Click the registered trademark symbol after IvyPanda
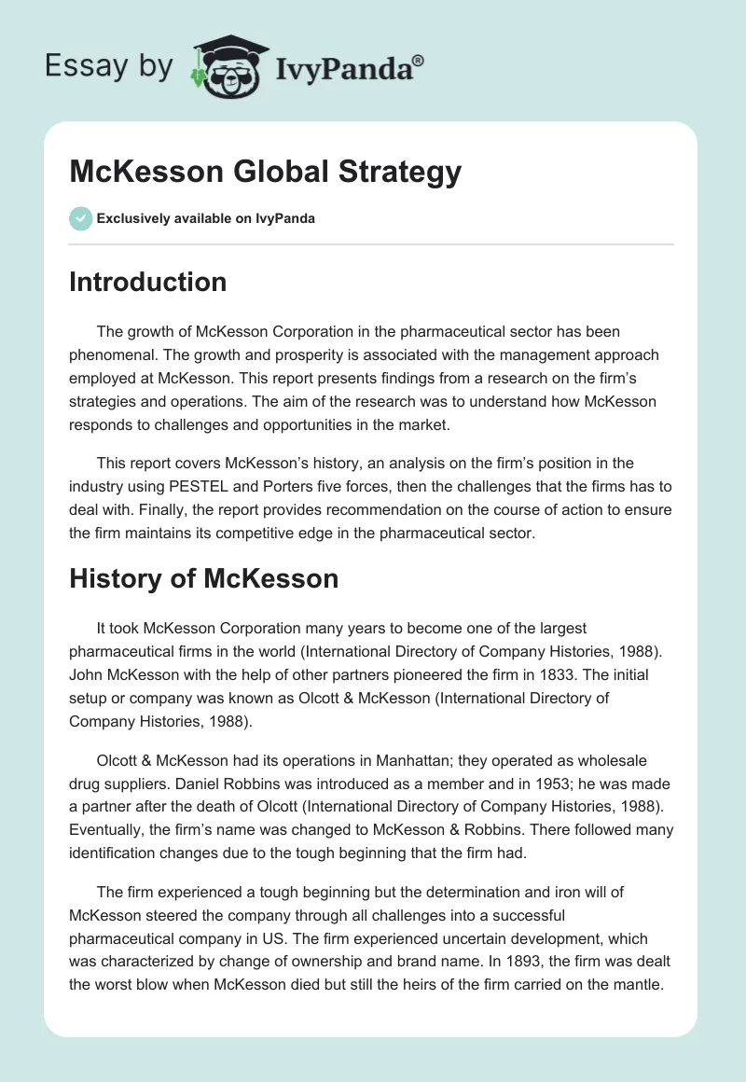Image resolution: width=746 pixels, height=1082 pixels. (x=419, y=61)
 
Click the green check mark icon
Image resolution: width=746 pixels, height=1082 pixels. (x=80, y=218)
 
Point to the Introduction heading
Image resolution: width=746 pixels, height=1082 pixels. (x=147, y=282)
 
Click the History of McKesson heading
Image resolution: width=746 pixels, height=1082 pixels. (x=203, y=578)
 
